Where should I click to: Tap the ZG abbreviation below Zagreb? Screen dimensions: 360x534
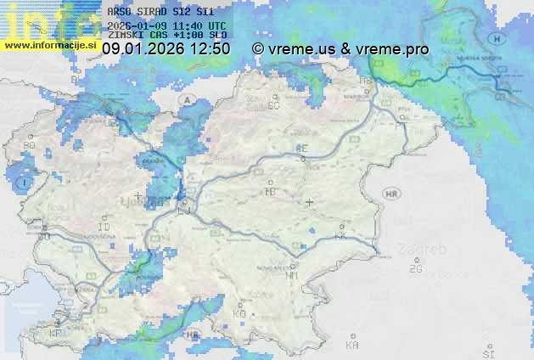[415, 270]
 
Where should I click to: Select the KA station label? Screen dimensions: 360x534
[352, 346]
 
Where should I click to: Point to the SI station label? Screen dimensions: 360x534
[488, 352]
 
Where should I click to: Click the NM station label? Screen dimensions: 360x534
[292, 275]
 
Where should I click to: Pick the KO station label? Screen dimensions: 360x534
[239, 314]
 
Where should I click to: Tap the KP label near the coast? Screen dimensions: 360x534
[56, 334]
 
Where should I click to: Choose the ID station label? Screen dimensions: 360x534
[104, 228]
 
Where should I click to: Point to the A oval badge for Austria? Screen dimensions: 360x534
[187, 99]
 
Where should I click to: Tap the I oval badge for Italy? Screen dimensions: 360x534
[26, 183]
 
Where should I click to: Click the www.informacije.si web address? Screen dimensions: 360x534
[50, 45]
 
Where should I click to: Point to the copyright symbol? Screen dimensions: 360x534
[258, 49]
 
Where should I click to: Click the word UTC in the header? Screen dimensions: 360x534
[216, 26]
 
